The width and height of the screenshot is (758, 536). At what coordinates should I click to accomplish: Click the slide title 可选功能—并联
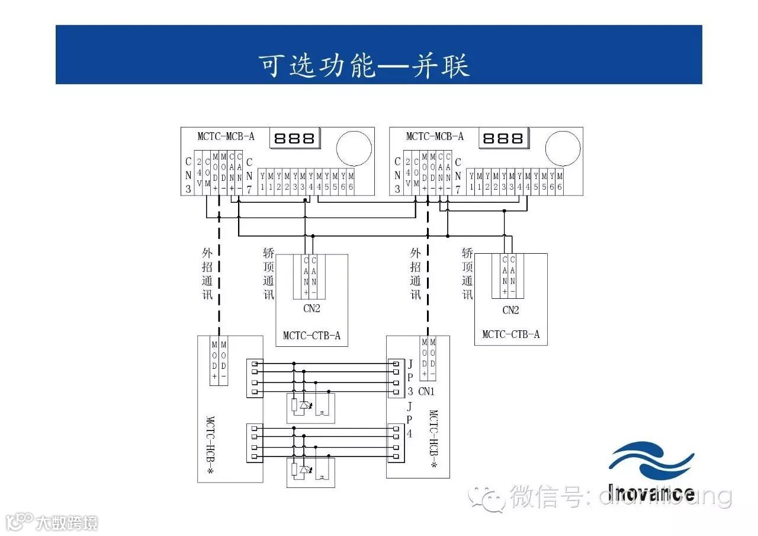point(364,65)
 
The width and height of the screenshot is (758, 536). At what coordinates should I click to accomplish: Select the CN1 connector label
point(426,391)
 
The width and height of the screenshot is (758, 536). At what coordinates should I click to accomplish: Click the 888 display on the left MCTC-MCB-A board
point(294,138)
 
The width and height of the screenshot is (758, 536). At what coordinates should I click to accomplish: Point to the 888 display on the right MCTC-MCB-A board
point(503,138)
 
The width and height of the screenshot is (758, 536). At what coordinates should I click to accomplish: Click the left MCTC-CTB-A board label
point(311,336)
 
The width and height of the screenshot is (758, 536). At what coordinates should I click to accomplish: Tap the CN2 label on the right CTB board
point(510,310)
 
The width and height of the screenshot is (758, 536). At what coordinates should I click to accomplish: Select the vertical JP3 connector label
point(410,377)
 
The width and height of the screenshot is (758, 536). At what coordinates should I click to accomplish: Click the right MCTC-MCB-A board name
point(435,136)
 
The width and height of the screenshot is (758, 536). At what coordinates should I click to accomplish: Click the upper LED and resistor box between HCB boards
point(310,408)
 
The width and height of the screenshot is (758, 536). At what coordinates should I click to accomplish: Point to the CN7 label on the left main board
point(249,176)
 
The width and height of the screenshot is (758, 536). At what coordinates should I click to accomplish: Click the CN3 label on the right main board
point(397,176)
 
